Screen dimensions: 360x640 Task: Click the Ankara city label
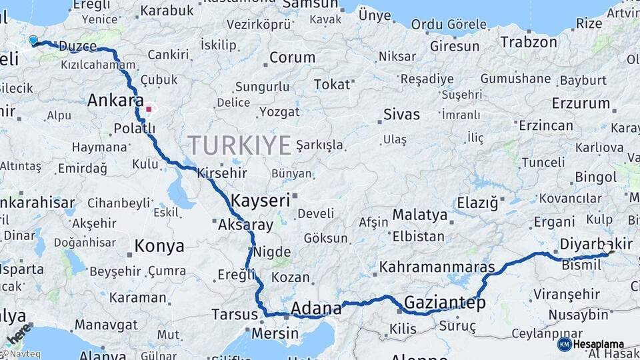click(115, 101)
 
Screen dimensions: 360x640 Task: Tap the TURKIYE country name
click(239, 145)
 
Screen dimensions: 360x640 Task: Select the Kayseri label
click(261, 200)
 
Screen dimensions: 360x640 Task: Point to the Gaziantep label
click(444, 302)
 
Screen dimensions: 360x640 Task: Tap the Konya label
click(159, 246)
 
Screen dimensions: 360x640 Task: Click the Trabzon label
click(529, 42)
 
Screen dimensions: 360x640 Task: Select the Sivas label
click(402, 114)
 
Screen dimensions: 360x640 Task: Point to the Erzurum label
click(581, 103)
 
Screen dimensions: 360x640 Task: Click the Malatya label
click(419, 215)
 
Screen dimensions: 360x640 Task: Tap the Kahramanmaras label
click(437, 267)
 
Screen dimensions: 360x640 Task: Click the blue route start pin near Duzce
click(33, 40)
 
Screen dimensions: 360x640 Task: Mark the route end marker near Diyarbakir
click(607, 251)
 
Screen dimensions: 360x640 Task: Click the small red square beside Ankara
click(149, 109)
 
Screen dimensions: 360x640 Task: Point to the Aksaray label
click(245, 225)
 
